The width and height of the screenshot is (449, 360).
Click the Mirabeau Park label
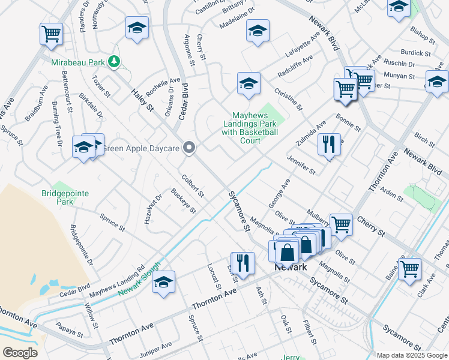77,62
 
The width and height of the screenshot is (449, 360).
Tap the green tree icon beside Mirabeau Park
113,61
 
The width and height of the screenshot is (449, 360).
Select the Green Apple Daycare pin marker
190,148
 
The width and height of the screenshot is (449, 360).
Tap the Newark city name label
291,267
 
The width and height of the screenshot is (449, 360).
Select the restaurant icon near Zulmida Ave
328,145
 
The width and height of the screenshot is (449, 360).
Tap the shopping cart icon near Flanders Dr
52,34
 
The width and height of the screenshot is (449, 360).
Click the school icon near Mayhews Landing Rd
164,283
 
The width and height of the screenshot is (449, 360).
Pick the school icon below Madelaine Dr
258,31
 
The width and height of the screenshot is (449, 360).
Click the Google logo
20,352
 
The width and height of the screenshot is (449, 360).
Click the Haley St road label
143,98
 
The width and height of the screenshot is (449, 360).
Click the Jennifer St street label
301,164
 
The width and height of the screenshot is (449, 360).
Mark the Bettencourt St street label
67,92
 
